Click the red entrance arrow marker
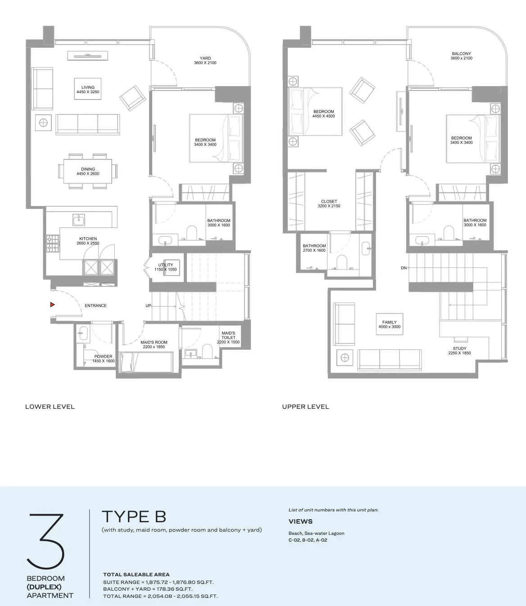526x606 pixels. (x=52, y=304)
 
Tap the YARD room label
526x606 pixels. (x=205, y=60)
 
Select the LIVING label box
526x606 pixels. (x=88, y=89)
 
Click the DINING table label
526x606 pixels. (x=88, y=172)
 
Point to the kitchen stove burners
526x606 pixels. (x=53, y=243)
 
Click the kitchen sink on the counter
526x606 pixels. (x=79, y=220)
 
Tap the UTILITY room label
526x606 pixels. (x=166, y=267)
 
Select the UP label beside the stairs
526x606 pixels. (x=148, y=306)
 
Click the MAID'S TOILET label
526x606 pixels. (x=228, y=337)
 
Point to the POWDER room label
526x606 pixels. (x=104, y=359)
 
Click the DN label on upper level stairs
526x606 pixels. (x=404, y=268)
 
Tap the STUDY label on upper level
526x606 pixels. (x=459, y=351)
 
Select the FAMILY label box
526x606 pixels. (x=390, y=324)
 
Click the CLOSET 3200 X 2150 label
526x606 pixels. (x=329, y=204)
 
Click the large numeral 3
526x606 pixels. (x=46, y=542)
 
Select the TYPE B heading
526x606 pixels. (x=134, y=517)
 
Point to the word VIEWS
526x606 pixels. (x=301, y=521)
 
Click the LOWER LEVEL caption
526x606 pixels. (x=50, y=407)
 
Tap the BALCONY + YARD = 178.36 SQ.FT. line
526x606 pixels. (x=148, y=589)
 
